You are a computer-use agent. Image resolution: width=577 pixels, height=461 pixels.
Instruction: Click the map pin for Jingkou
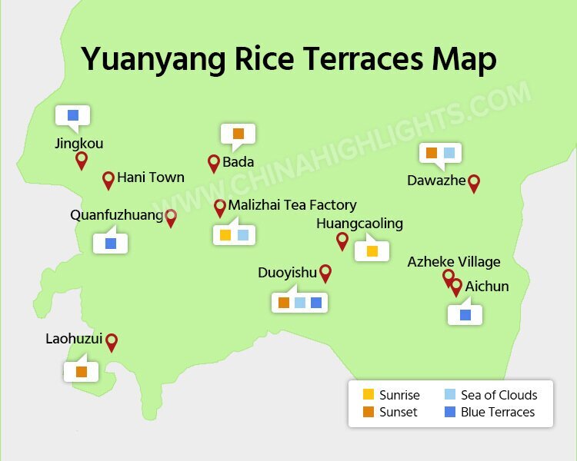click(x=81, y=160)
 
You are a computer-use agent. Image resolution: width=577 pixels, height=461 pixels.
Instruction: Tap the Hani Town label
click(x=151, y=177)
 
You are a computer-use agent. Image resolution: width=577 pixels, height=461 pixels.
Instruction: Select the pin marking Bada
click(x=214, y=162)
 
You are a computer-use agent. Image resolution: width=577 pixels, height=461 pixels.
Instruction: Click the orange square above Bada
click(x=238, y=134)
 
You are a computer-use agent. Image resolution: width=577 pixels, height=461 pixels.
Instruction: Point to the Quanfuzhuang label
click(x=117, y=215)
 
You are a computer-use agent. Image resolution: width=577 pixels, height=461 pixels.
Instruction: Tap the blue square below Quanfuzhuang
click(x=110, y=244)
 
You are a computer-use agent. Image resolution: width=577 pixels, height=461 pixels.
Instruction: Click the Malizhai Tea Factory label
click(x=292, y=205)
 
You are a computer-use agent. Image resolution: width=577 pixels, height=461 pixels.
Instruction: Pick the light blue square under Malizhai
click(x=243, y=235)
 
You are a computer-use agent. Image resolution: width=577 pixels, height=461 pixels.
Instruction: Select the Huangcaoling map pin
click(x=342, y=240)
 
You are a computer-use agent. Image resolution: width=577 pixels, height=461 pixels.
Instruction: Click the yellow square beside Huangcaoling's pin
click(x=372, y=250)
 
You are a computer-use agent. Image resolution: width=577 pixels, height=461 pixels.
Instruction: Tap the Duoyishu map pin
click(x=325, y=273)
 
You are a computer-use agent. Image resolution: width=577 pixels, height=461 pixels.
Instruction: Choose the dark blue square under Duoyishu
click(x=316, y=303)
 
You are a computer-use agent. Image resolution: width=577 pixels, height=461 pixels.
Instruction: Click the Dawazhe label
click(x=436, y=181)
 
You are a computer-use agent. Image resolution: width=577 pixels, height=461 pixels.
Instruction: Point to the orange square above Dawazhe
click(x=432, y=153)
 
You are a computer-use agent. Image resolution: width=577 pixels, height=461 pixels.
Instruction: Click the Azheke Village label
click(x=454, y=262)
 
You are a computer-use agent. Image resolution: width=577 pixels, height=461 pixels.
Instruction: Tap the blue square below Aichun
click(x=465, y=314)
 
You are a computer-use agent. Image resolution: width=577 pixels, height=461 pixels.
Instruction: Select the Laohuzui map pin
click(x=112, y=342)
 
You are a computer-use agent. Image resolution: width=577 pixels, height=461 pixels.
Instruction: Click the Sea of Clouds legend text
click(x=499, y=395)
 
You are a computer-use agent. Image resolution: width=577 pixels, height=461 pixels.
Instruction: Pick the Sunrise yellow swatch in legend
click(x=369, y=395)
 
